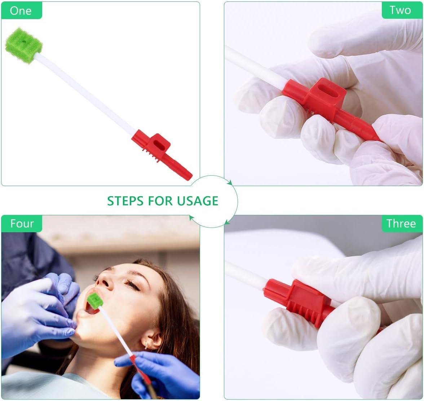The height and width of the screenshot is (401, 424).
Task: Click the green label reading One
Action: click(21, 10)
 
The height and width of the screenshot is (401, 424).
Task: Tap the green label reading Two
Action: click(400, 10)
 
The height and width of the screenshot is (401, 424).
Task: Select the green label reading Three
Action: click(401, 224)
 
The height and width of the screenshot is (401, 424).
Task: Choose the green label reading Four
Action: click(22, 224)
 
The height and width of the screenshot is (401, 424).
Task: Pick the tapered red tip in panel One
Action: click(182, 171)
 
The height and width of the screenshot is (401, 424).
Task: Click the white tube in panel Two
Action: click(252, 65)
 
